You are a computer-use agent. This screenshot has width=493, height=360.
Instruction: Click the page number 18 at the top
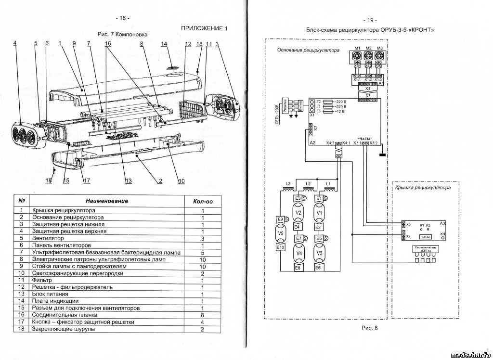tap(122, 18)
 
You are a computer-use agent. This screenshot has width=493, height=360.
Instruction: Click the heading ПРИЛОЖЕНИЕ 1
tap(204, 28)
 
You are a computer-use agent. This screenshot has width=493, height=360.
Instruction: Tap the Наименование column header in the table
tap(107, 201)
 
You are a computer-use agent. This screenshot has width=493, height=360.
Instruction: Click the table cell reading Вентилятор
tap(48, 238)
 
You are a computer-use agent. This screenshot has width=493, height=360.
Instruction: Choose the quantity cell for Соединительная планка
tap(203, 315)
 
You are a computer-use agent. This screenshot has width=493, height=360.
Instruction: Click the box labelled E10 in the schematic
tap(281, 247)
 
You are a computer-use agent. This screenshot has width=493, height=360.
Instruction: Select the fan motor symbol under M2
tap(368, 55)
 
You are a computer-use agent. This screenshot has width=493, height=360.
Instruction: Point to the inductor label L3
tap(288, 184)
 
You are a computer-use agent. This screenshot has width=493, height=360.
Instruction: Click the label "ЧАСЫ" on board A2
tap(366, 138)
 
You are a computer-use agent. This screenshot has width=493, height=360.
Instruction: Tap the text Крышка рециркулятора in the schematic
tap(423, 188)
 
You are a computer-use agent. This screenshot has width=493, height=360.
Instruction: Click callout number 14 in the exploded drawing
tap(164, 44)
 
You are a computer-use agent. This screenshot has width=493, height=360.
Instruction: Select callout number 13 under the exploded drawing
tap(129, 181)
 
